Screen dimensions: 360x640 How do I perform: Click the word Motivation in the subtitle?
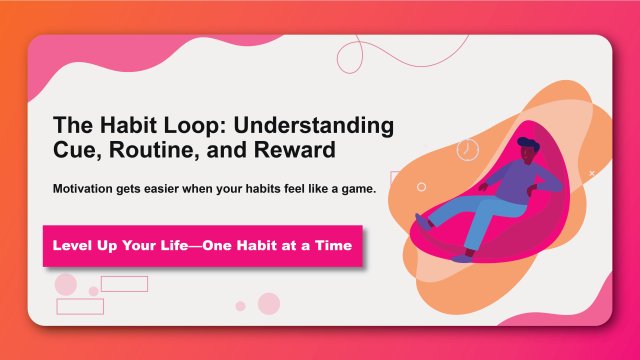(x=91, y=190)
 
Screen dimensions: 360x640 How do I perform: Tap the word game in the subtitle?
(x=355, y=190)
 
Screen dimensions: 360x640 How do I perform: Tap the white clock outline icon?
(x=467, y=150)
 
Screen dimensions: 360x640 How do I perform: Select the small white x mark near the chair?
(x=592, y=174)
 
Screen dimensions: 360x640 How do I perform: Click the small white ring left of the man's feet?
(x=421, y=187)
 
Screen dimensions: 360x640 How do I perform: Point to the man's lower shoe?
(x=460, y=258)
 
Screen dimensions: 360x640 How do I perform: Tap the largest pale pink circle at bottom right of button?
(x=269, y=303)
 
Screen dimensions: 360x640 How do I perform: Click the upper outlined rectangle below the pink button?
(x=124, y=284)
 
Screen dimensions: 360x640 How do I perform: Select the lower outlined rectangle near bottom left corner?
(x=80, y=306)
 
